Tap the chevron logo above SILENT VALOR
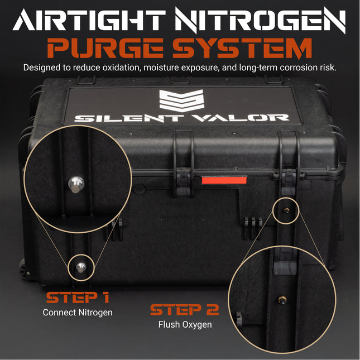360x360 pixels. click(180, 100)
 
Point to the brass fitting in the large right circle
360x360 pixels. click(280, 301)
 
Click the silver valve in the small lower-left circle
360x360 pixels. click(81, 267)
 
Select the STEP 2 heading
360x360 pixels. click(184, 309)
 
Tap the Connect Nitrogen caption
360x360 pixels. click(77, 313)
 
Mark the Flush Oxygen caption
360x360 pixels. click(184, 325)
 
